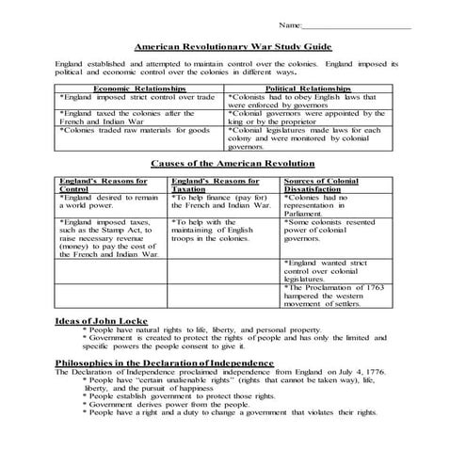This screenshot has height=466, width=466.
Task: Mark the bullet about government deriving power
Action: [x=166, y=403]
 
